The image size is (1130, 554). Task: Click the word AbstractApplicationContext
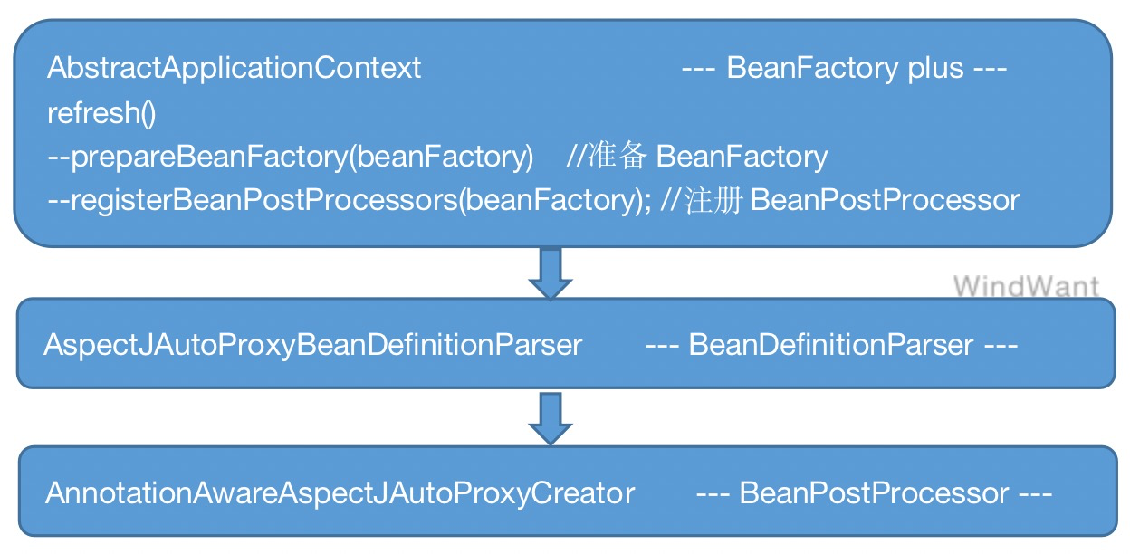[235, 69]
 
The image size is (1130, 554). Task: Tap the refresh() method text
[101, 112]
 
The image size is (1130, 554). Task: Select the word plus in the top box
[936, 69]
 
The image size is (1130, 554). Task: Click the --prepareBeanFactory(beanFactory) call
[291, 157]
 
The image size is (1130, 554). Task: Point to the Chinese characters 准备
[617, 156]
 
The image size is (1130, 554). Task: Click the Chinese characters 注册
[713, 200]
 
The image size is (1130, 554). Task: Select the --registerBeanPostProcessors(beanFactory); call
[350, 200]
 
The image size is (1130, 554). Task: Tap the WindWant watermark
[1026, 286]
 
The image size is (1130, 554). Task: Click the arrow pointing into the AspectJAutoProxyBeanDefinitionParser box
[551, 274]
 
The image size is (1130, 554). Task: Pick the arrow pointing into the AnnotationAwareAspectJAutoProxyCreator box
[551, 419]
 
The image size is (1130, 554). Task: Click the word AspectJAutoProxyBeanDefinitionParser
[313, 346]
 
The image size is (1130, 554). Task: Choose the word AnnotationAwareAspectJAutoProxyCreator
[340, 493]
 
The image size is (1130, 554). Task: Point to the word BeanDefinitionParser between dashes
[831, 345]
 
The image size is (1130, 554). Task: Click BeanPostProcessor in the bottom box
[875, 493]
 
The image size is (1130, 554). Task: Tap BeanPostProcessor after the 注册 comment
[886, 200]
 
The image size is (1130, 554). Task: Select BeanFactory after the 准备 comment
[742, 157]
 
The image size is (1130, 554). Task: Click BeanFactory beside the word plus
[813, 68]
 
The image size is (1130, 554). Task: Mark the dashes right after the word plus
[991, 69]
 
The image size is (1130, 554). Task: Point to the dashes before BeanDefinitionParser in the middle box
[663, 346]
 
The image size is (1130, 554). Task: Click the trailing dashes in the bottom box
[1036, 494]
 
